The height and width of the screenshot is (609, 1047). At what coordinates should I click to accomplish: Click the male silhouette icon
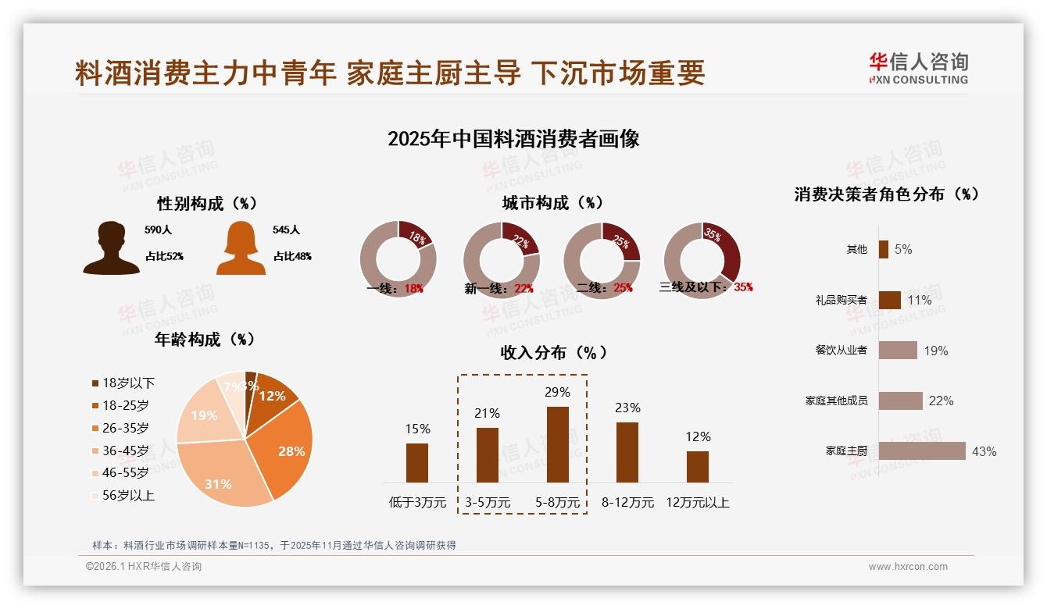[111, 248]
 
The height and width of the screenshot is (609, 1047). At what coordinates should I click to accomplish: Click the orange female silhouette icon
[241, 248]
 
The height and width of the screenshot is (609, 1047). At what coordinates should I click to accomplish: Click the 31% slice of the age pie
[222, 478]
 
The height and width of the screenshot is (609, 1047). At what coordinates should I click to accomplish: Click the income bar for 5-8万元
[558, 444]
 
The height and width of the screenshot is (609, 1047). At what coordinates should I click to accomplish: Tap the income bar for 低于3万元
[417, 462]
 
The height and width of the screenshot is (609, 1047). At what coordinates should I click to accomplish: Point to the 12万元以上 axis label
[698, 503]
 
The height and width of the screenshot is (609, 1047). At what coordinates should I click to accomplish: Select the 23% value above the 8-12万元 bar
[627, 408]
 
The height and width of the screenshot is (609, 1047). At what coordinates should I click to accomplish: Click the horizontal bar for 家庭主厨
[922, 451]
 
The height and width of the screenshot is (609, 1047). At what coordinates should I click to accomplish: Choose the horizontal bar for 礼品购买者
[890, 300]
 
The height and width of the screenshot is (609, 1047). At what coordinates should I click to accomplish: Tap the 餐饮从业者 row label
[841, 351]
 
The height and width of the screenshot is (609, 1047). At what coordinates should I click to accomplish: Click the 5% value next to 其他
[903, 250]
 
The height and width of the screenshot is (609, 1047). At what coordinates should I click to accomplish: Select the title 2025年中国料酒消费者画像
[513, 139]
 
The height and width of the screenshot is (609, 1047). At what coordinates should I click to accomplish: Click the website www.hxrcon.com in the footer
[908, 567]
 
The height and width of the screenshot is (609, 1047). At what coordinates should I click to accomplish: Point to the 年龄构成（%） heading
[205, 340]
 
